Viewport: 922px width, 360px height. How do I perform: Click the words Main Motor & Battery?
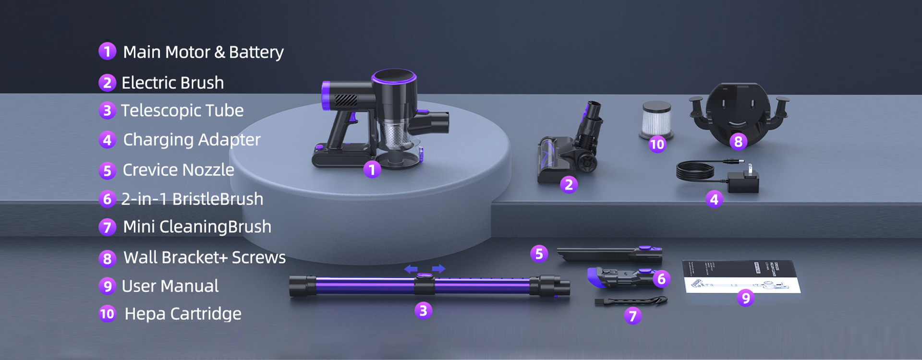[203, 52]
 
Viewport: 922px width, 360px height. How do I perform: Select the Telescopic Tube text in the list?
[182, 111]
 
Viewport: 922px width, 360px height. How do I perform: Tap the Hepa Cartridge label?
[182, 314]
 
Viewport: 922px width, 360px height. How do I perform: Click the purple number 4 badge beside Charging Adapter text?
[107, 140]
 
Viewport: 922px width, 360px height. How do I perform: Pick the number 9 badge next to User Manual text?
[107, 287]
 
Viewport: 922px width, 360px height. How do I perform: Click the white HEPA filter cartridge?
[656, 119]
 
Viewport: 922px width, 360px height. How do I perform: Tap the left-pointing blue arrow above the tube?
[411, 269]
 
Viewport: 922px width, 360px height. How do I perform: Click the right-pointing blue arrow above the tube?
[439, 269]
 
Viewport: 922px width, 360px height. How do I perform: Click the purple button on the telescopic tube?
[424, 276]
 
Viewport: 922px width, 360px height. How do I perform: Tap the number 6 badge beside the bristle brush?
[661, 279]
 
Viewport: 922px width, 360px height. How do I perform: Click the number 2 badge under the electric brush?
[569, 185]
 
